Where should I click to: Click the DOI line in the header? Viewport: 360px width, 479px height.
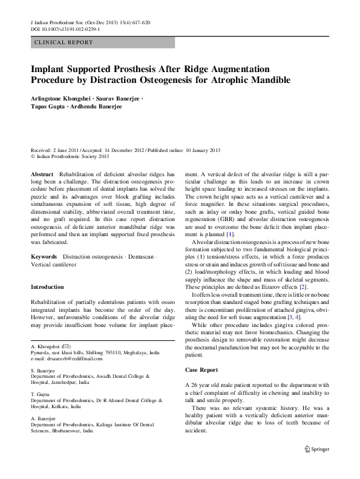[65, 28]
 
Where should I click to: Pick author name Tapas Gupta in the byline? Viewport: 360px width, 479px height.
[50, 106]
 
